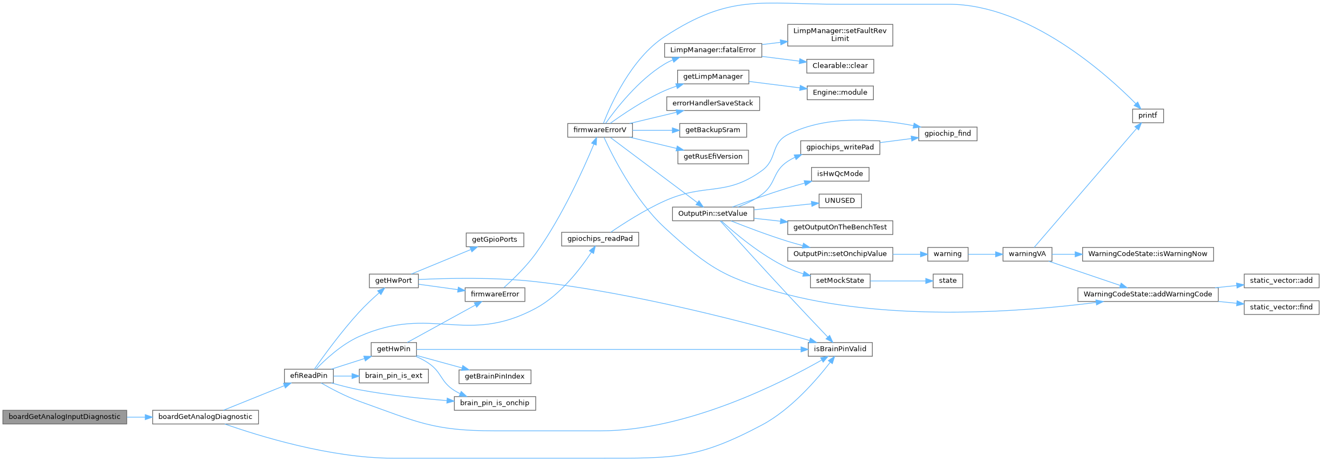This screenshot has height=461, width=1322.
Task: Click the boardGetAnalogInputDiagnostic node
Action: click(64, 417)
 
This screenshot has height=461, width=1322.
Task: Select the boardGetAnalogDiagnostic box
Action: click(205, 417)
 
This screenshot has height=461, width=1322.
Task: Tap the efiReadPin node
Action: click(308, 376)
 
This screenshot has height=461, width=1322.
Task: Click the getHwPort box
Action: click(393, 280)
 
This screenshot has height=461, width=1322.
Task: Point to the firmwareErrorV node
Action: click(599, 130)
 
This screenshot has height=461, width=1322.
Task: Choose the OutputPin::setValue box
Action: click(712, 213)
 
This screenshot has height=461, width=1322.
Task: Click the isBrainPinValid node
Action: click(840, 349)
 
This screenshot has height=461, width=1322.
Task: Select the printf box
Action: click(1148, 116)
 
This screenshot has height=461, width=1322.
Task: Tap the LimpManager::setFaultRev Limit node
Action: click(840, 35)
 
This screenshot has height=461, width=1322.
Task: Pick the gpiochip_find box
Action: click(947, 133)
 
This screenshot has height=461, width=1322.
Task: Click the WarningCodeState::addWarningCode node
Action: click(1148, 294)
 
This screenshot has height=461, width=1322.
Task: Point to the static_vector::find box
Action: click(1281, 307)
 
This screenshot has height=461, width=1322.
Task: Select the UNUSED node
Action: click(840, 201)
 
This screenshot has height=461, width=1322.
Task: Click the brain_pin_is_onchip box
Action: click(495, 403)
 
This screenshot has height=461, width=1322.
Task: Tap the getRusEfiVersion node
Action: click(713, 157)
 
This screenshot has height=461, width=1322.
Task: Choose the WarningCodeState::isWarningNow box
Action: click(1148, 254)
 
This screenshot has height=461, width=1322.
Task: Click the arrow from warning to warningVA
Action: click(985, 254)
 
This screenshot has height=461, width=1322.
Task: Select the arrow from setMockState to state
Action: click(901, 281)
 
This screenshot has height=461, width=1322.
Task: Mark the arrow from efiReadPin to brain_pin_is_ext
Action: click(346, 376)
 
